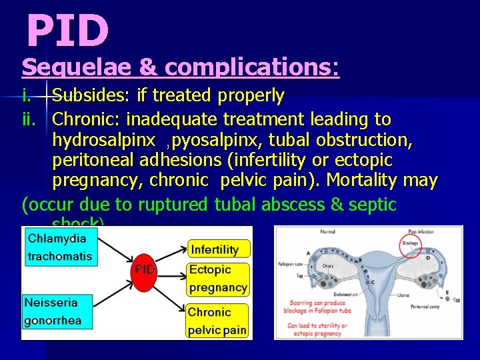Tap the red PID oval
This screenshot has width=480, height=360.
pos(146,270)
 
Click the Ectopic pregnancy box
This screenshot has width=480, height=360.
pos(218,279)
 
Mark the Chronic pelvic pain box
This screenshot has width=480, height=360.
pos(218,321)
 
